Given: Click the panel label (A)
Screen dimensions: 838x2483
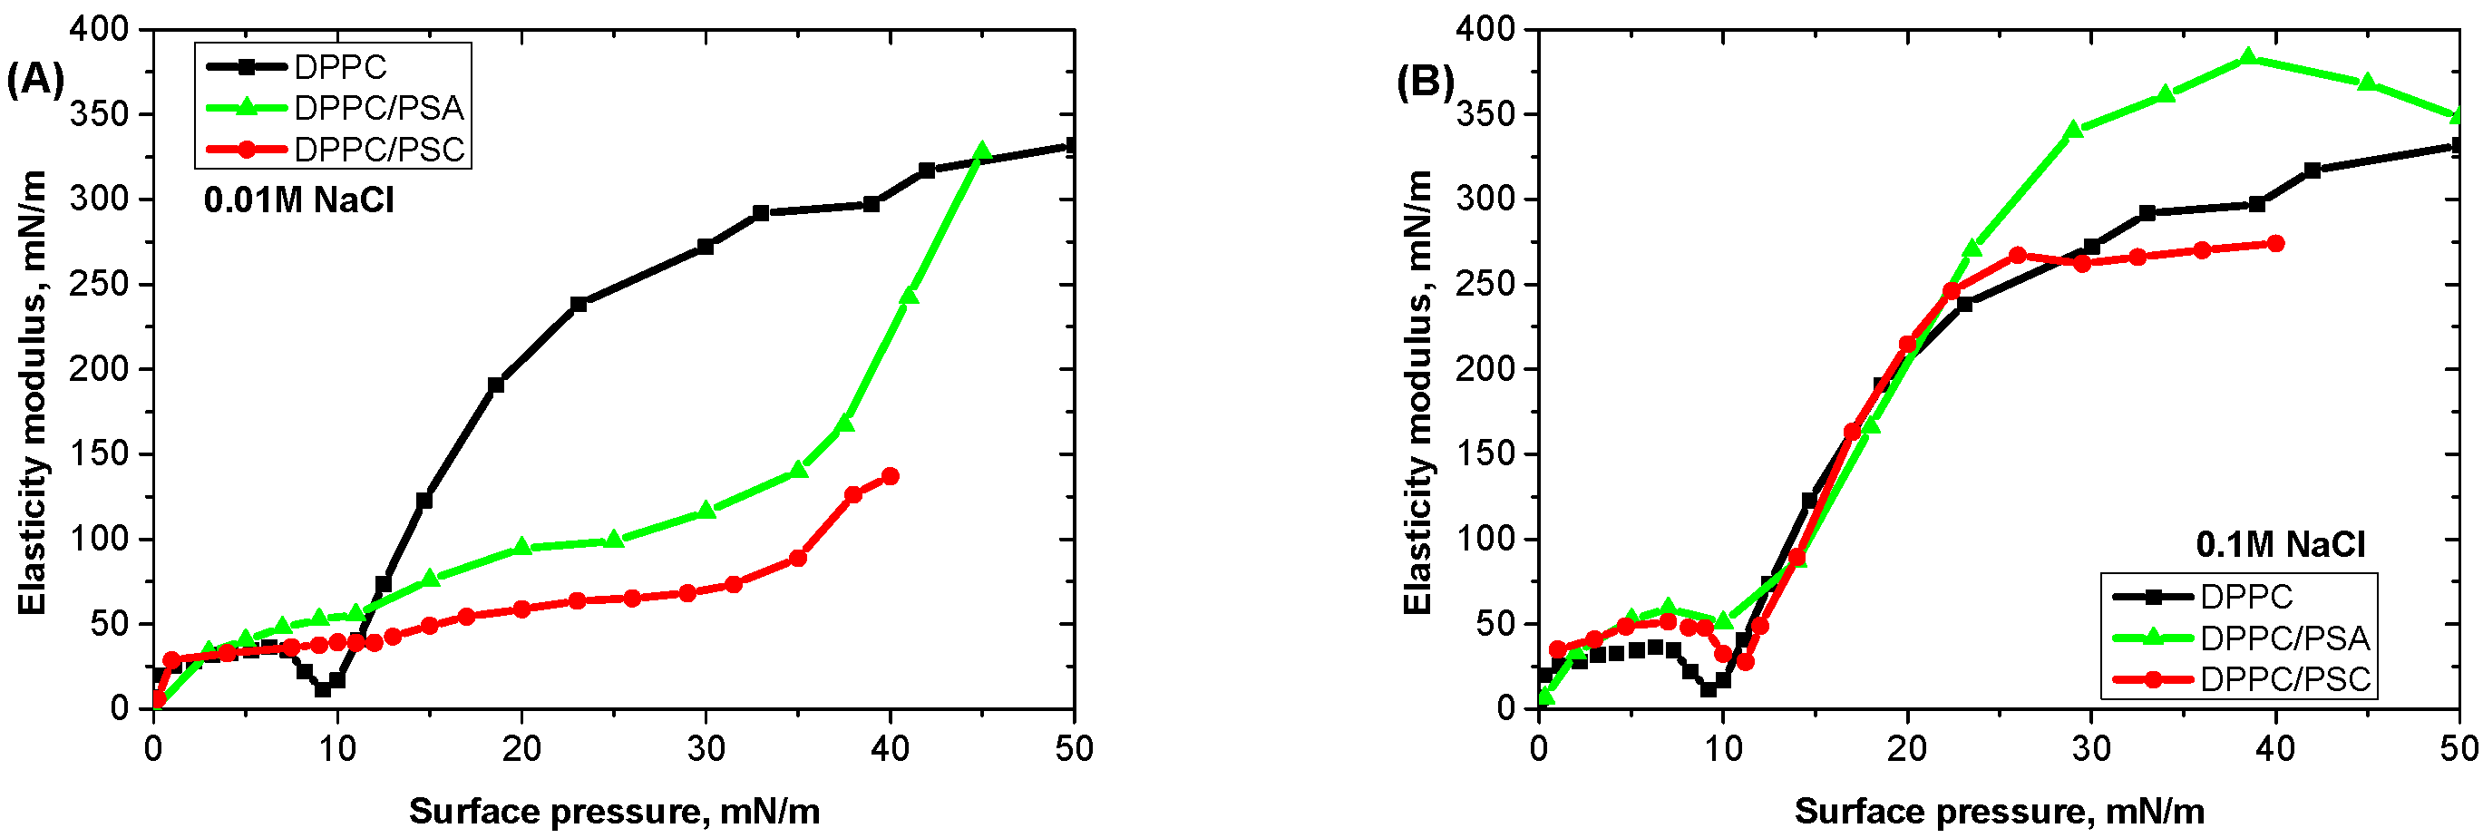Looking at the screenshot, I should point(34,78).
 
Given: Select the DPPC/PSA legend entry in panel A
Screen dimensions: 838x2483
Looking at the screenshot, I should point(378,108).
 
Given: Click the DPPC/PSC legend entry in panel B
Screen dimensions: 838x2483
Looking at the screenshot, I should point(2284,679).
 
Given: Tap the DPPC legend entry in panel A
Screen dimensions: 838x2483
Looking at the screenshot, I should point(339,66).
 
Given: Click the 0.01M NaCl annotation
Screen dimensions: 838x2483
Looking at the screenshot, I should point(298,200).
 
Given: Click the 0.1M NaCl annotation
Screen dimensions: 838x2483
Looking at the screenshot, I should point(2280,545).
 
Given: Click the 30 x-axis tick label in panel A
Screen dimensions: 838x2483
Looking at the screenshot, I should point(706,748).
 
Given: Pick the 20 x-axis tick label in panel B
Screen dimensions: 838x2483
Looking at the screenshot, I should point(1906,748).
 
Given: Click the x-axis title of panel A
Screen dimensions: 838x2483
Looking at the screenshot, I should point(614,811).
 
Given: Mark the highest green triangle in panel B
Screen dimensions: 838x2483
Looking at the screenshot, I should point(2248,58).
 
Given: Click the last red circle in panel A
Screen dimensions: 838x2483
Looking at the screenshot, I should point(890,476).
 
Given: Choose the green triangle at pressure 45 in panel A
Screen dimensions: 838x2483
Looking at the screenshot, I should point(982,151).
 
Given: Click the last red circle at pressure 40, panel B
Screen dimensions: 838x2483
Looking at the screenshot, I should point(2275,243).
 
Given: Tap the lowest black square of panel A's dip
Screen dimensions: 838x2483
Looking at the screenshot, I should point(323,688).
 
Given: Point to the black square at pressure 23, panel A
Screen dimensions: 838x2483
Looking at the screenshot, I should point(579,305).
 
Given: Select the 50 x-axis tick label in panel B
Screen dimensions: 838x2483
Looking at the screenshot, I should point(2459,748).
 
